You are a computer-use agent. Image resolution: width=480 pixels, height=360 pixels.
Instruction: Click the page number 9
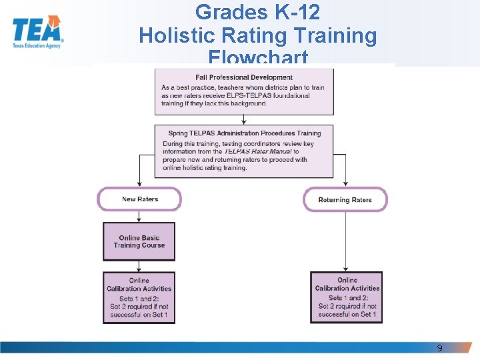[439, 348]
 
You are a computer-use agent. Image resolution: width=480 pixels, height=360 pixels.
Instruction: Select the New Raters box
[139, 199]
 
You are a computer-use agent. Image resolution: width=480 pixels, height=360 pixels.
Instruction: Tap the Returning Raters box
[345, 200]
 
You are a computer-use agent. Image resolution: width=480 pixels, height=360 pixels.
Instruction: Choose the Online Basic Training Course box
[139, 241]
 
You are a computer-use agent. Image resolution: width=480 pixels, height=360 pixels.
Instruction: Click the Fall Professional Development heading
[244, 77]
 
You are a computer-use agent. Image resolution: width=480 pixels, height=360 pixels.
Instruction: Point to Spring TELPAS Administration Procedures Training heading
[244, 133]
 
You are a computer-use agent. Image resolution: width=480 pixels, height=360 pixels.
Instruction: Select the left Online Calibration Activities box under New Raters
[139, 297]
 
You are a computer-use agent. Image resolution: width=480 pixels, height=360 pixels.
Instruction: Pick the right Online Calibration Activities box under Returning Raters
[347, 297]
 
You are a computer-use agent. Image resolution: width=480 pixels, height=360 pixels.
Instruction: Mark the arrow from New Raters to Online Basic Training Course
[139, 217]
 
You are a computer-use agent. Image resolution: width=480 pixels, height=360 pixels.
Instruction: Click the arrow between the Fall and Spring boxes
[244, 120]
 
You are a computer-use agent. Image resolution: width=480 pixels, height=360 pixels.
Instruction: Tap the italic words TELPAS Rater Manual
[253, 152]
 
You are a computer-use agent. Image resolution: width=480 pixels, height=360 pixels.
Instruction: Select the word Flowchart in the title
[257, 57]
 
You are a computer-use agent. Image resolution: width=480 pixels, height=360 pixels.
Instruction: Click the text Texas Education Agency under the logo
[37, 46]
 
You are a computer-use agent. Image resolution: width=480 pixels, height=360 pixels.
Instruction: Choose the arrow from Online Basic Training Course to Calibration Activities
[139, 266]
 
